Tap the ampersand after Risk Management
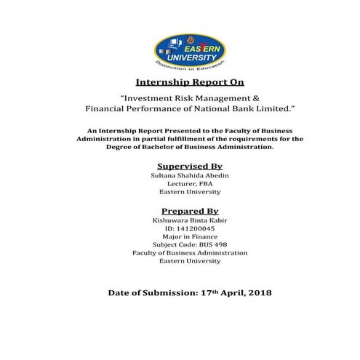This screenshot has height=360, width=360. [x=235, y=97]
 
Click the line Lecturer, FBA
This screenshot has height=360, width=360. [x=180, y=184]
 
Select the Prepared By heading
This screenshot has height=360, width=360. [x=180, y=209]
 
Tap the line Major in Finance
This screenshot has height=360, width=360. [x=180, y=236]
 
